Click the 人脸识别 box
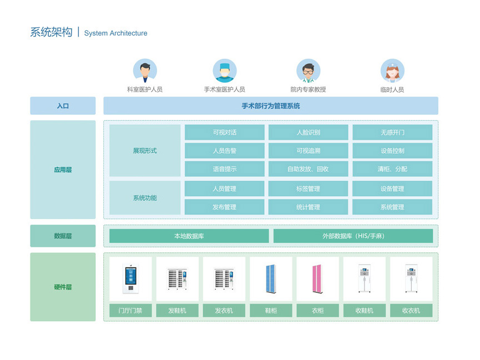[x=309, y=132]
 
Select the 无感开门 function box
[x=392, y=132]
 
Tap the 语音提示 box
[x=224, y=169]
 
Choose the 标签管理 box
[x=309, y=189]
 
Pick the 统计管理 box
[x=309, y=207]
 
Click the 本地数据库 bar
[x=189, y=236]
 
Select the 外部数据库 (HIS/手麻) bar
[x=353, y=236]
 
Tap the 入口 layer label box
[x=63, y=106]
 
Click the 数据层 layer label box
[x=63, y=236]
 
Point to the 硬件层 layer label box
[x=63, y=287]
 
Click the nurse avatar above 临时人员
[x=392, y=70]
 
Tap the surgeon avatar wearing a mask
[x=225, y=70]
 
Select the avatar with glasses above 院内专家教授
[x=309, y=70]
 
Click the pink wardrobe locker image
[x=317, y=279]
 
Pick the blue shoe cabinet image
[x=271, y=279]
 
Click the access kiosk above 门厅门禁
[x=131, y=279]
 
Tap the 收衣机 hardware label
[x=411, y=311]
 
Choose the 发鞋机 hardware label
[x=177, y=311]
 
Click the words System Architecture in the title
[x=116, y=33]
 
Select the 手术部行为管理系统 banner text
[x=271, y=106]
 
